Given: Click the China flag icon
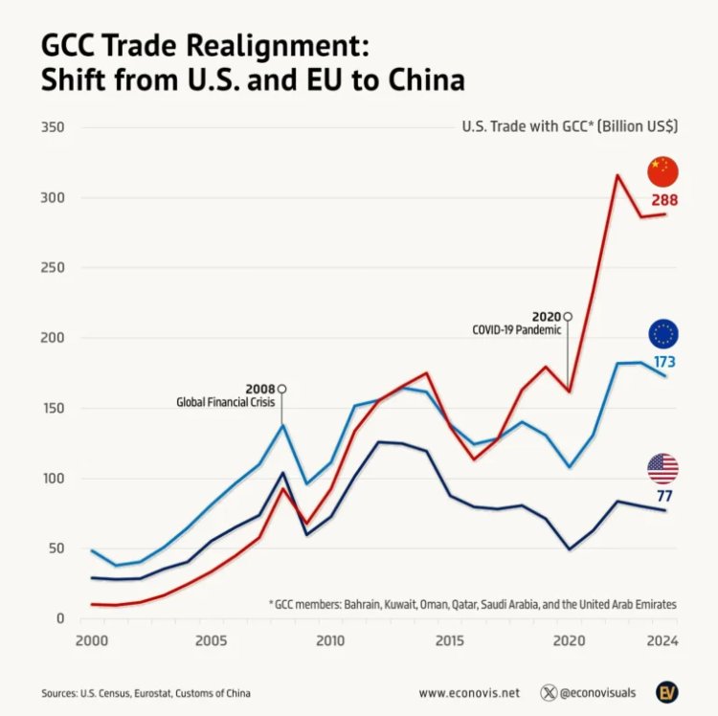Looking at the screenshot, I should (x=662, y=171).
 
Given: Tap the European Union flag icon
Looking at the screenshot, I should (x=662, y=333).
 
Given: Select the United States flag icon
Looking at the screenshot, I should (x=662, y=468).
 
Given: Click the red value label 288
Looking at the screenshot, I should (x=664, y=201).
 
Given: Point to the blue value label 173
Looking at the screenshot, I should (x=664, y=362).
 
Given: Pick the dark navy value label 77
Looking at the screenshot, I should (x=664, y=496).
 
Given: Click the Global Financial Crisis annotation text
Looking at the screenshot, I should (x=226, y=403).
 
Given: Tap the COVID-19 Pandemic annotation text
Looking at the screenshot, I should (x=517, y=330).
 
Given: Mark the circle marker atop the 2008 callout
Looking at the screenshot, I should (x=281, y=389).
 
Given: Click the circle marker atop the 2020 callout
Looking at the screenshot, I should (x=568, y=316).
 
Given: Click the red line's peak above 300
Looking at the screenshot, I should (x=617, y=175).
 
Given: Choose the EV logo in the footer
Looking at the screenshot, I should (x=667, y=691).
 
